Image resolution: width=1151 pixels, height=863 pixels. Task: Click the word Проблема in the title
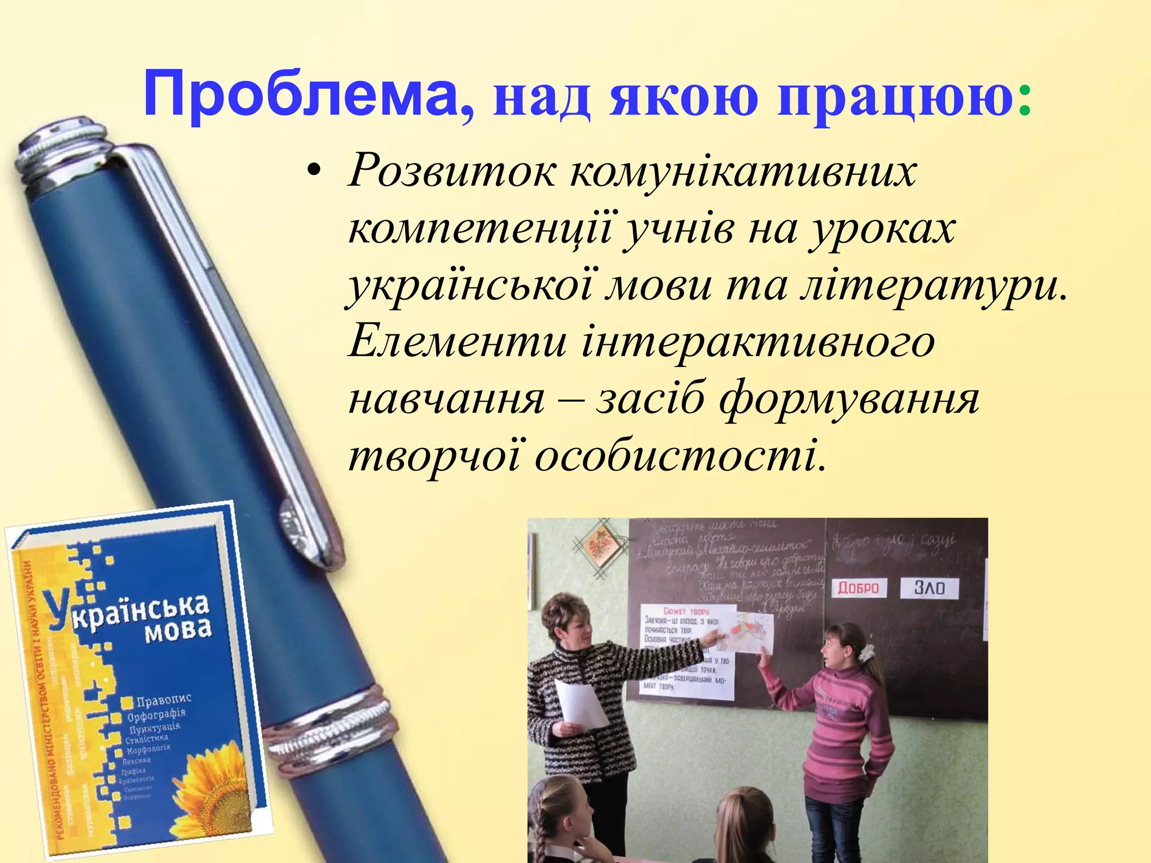301,94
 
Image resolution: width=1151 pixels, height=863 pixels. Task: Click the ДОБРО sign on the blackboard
858,588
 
